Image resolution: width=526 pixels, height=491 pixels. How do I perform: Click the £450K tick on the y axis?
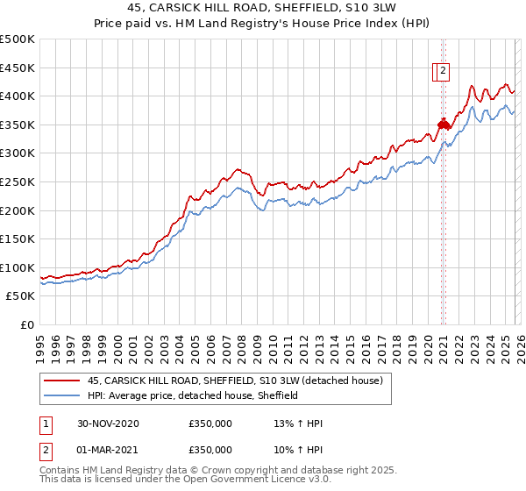coord(18,68)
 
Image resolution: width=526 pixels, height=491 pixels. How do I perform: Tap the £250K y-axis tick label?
coord(18,181)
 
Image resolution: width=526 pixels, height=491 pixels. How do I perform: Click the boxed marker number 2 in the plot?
coord(444,72)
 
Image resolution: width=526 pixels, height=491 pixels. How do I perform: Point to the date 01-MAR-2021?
coord(107,449)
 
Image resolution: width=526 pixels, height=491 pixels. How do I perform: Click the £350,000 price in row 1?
coord(210,423)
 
